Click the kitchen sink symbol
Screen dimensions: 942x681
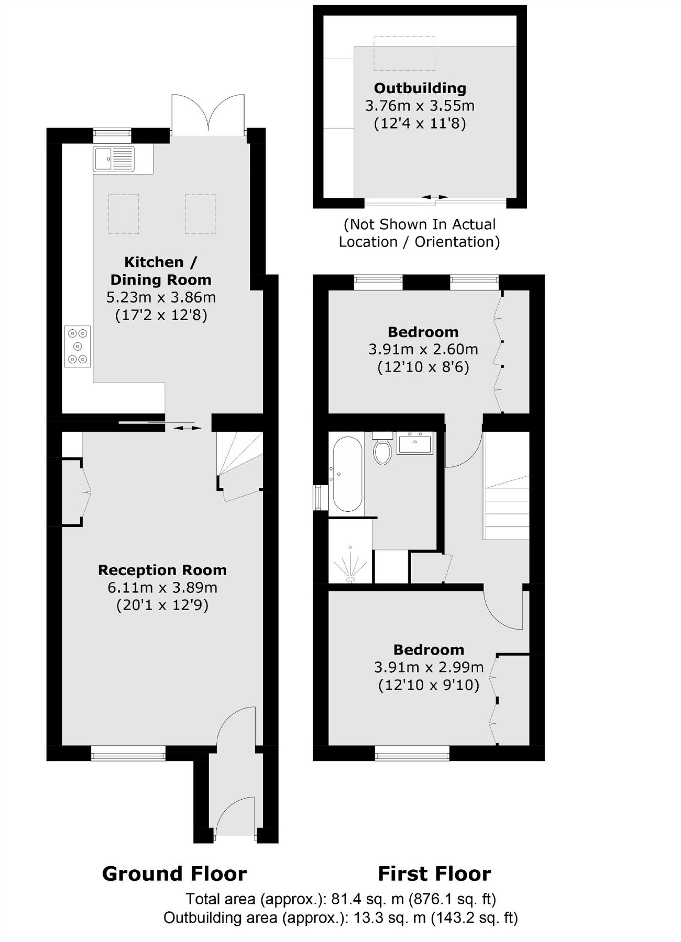114,159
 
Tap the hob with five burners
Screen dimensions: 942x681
78,346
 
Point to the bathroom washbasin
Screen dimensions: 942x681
415,443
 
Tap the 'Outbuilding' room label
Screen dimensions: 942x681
420,88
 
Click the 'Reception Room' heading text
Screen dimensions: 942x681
162,570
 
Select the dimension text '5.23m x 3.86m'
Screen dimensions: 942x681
161,297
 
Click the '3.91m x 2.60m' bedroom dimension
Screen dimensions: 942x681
423,349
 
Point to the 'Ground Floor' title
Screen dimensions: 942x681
174,874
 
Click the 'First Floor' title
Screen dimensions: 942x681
434,874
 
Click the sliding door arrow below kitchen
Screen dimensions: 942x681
187,428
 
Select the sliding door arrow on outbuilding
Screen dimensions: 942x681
435,197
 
